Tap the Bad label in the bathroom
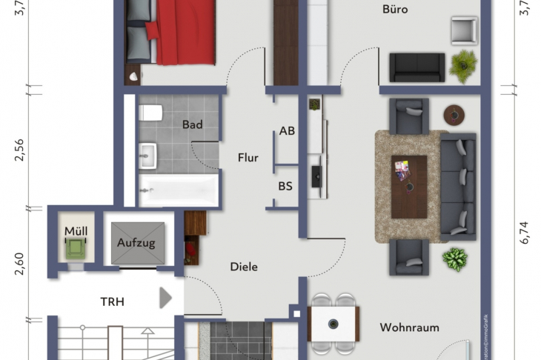click(192, 124)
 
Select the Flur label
click(248, 157)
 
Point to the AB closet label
click(287, 131)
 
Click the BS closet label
click(285, 187)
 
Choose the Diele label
click(244, 267)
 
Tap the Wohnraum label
click(410, 327)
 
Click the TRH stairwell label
click(113, 301)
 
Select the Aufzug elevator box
click(136, 242)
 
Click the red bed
click(182, 33)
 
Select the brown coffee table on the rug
click(409, 186)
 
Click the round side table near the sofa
click(454, 114)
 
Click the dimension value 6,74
click(525, 232)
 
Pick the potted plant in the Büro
click(464, 65)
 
